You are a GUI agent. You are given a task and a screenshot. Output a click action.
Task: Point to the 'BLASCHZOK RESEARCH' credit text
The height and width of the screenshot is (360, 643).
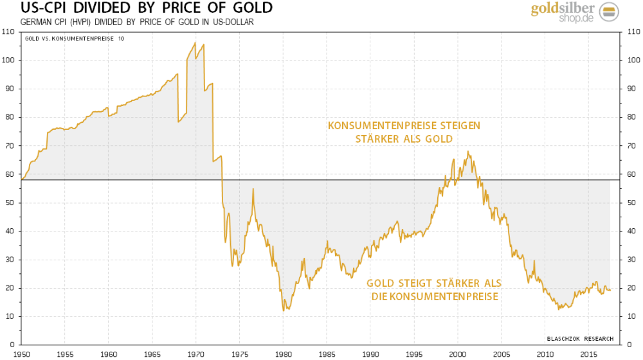pos(580,339)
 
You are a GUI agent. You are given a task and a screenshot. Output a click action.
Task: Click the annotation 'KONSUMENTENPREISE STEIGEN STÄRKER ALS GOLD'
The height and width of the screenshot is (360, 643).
pos(404,132)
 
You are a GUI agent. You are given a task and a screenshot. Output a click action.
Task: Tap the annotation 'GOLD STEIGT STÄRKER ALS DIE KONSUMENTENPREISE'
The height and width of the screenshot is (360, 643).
pos(434,290)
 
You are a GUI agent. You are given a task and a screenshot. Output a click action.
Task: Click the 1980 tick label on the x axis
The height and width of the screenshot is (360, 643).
pos(283,354)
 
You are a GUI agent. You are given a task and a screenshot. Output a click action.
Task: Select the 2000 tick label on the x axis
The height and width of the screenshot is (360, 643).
pos(458,354)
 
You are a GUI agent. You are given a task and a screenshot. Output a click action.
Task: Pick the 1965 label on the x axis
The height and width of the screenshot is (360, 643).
pos(152,354)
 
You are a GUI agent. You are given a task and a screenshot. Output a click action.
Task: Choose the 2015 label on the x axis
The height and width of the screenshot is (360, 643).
pos(589,354)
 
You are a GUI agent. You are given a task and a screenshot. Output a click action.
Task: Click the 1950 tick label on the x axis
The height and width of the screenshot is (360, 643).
pos(21,354)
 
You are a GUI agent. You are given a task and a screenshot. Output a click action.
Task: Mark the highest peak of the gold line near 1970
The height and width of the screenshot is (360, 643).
pos(195,42)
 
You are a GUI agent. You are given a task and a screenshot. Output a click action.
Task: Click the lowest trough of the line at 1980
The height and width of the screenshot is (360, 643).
pos(283,311)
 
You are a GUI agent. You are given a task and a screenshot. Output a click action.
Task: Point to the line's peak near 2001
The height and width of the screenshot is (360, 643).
pos(467,152)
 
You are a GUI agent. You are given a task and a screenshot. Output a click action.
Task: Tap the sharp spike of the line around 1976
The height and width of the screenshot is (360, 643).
pos(253,188)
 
